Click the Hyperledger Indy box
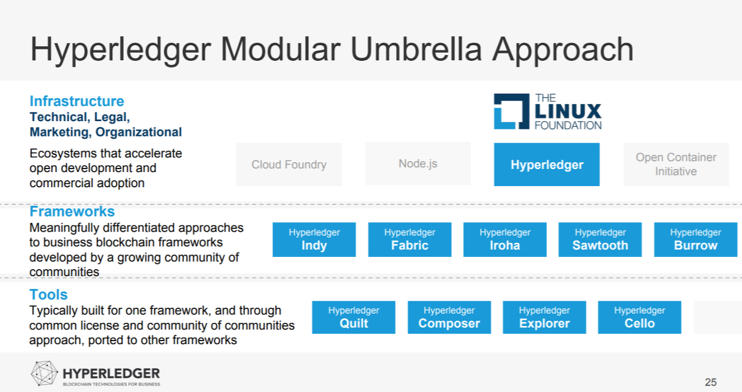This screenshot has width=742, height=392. point(314,239)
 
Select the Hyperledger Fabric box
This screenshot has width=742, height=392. point(409,239)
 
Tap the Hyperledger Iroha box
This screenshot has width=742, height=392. point(505,239)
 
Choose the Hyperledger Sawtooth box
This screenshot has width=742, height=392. point(600,239)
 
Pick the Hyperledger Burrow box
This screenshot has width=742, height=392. point(695,239)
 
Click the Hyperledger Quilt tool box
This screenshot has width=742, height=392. point(353,317)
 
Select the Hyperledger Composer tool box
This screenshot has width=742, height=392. point(449,317)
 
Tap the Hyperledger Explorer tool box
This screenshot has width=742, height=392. point(544,317)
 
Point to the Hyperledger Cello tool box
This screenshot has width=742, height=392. point(639,317)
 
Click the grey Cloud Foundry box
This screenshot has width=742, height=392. point(289,164)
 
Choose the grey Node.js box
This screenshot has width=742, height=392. point(417,164)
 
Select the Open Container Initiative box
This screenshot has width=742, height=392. point(676,164)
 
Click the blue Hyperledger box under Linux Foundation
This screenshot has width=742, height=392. point(547,164)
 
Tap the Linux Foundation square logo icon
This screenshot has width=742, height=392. point(512,111)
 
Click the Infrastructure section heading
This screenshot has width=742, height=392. point(77,101)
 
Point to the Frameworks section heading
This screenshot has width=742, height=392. point(72,211)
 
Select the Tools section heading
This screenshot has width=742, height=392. point(49,294)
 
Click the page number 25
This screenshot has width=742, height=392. point(710,382)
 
